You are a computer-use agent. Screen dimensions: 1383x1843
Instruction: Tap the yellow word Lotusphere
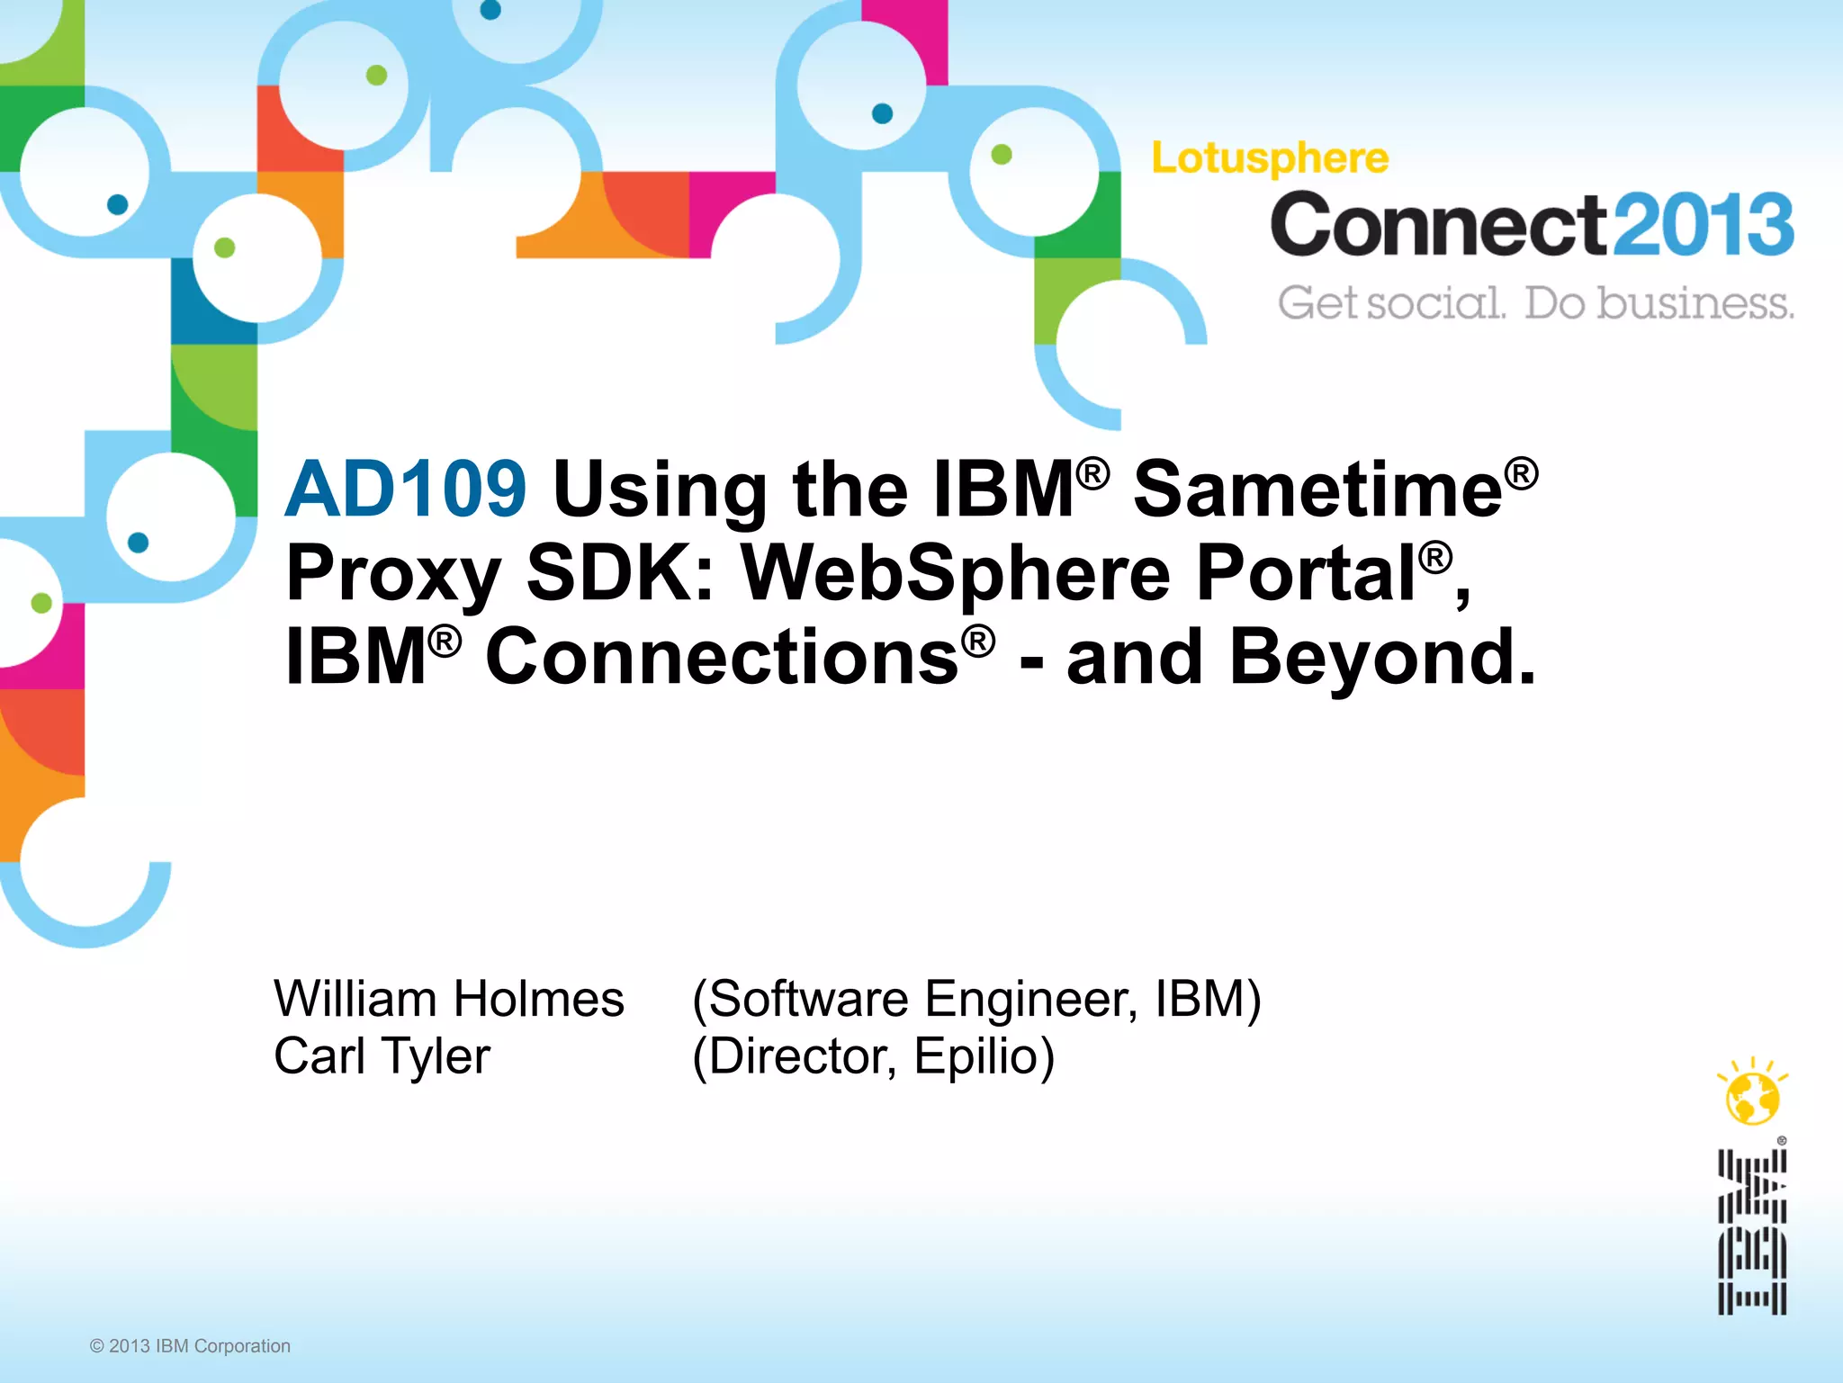tap(1270, 158)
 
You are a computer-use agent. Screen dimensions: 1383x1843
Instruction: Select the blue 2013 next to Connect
tap(1702, 224)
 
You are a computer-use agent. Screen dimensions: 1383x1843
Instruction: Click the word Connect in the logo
tap(1438, 224)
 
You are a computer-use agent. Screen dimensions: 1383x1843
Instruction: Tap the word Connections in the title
tap(722, 657)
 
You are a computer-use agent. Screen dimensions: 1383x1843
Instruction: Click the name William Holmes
tap(449, 999)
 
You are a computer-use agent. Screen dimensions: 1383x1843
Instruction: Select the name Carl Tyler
tap(382, 1056)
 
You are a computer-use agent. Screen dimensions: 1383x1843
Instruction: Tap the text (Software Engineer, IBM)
tap(976, 999)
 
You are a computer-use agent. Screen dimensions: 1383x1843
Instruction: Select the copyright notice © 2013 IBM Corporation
tap(190, 1346)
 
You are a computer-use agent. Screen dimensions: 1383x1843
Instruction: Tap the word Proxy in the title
tap(393, 576)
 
